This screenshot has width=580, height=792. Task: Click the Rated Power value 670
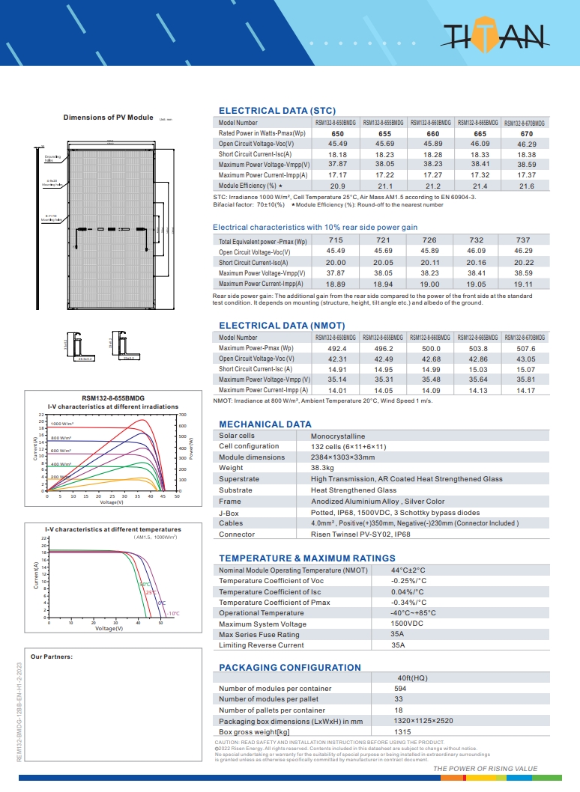tap(526, 133)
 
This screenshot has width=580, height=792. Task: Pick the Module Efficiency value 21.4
tap(480, 186)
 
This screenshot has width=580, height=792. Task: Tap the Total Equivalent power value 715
tap(336, 240)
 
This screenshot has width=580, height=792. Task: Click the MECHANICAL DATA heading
tap(265, 424)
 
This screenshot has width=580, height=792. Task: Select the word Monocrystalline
tap(338, 436)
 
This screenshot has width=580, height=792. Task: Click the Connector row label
tap(237, 534)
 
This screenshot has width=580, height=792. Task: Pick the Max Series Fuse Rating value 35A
tap(397, 635)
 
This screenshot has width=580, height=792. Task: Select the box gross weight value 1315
tap(403, 731)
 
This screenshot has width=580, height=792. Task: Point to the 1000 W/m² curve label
tap(61, 424)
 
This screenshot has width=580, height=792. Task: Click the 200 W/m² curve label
tap(60, 477)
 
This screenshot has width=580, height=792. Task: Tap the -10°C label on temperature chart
tap(173, 614)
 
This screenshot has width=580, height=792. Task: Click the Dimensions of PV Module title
tap(108, 118)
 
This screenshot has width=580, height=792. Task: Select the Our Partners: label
tap(51, 657)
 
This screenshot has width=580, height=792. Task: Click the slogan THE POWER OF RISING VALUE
tap(486, 769)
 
